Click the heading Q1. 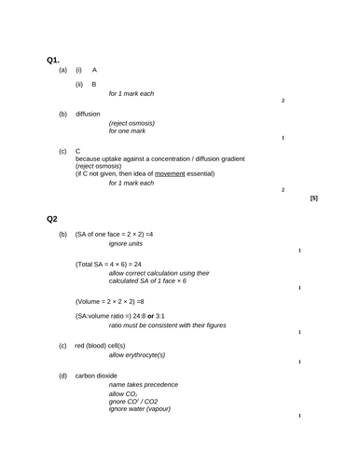tap(53, 61)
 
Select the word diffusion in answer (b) tap(88, 114)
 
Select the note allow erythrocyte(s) tap(137, 355)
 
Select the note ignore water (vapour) tap(140, 409)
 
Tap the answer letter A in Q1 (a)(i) tap(94, 70)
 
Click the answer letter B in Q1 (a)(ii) tap(94, 85)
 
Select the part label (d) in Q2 tap(62, 376)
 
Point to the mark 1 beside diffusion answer tap(283, 138)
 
